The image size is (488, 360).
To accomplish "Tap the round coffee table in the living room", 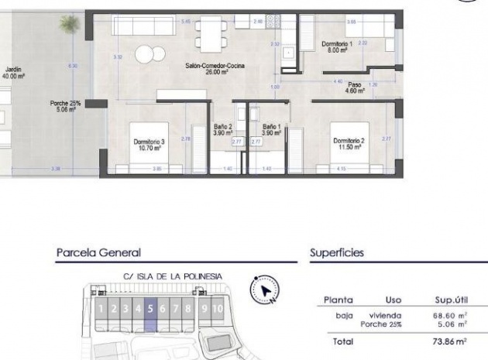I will tap(149, 54).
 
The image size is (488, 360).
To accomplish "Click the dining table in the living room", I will tap(208, 34).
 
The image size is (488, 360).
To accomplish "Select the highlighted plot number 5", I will tap(150, 309).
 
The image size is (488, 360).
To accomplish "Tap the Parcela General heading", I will tap(98, 252).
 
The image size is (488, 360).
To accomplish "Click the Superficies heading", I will tap(337, 252).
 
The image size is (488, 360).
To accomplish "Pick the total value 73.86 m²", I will tap(450, 341).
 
